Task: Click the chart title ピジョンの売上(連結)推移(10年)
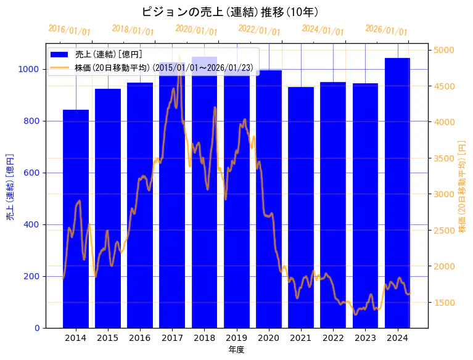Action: pyautogui.click(x=229, y=12)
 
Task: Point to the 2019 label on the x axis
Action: pyautogui.click(x=236, y=338)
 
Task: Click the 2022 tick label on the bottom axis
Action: pyautogui.click(x=333, y=338)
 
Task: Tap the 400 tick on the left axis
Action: pyautogui.click(x=33, y=224)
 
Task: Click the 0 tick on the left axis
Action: pyautogui.click(x=38, y=328)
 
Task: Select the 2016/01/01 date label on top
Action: pyautogui.click(x=69, y=30)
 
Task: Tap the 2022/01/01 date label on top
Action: pyautogui.click(x=259, y=30)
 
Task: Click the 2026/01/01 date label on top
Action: pyautogui.click(x=386, y=30)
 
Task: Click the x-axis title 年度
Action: pyautogui.click(x=236, y=350)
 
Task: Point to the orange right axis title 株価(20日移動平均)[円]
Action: pyautogui.click(x=463, y=185)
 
